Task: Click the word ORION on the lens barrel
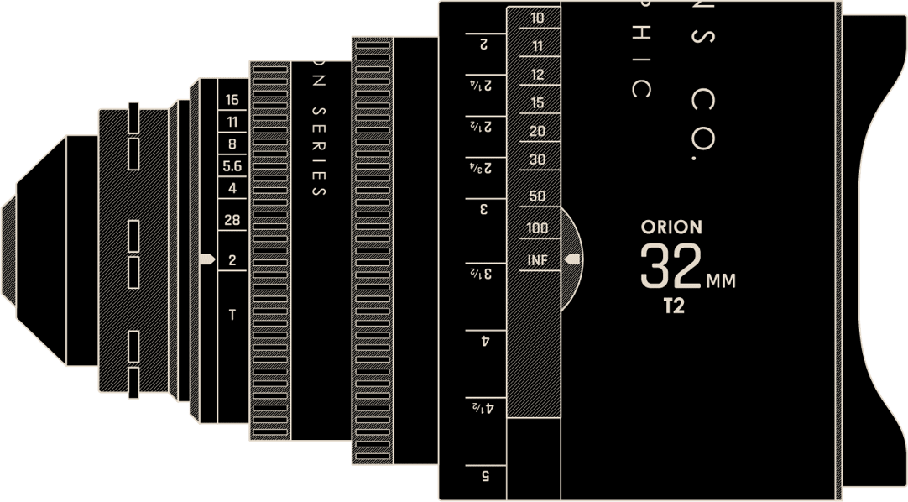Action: (671, 227)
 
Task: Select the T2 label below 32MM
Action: (673, 306)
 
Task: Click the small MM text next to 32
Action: (721, 281)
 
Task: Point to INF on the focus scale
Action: (537, 260)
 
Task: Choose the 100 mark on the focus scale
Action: (537, 228)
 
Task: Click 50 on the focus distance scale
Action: (537, 196)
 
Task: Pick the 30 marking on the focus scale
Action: (537, 159)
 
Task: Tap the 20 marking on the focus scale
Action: (537, 132)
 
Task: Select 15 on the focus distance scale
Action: (537, 103)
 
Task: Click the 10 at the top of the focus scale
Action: (537, 17)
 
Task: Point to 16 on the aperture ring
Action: (232, 100)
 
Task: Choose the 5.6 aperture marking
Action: (232, 166)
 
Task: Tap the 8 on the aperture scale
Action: (232, 144)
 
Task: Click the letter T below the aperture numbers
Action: (232, 316)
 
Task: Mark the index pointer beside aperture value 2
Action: (206, 260)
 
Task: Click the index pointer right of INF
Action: (572, 259)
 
